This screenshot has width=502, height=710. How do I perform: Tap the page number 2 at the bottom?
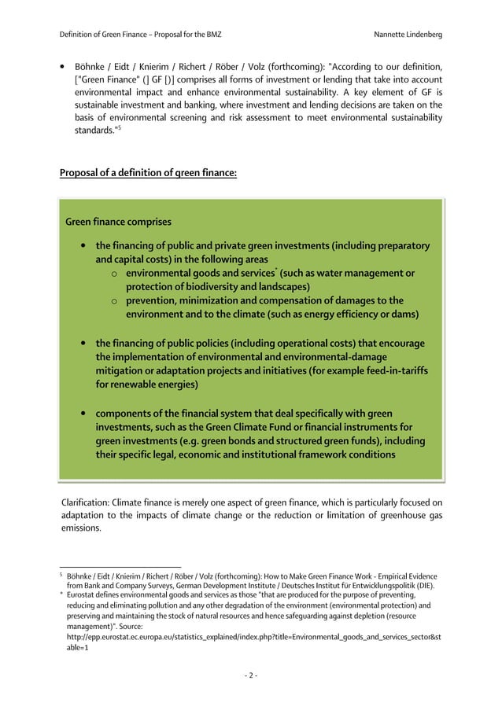point(250,675)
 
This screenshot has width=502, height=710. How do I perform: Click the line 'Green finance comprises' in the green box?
point(118,223)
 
